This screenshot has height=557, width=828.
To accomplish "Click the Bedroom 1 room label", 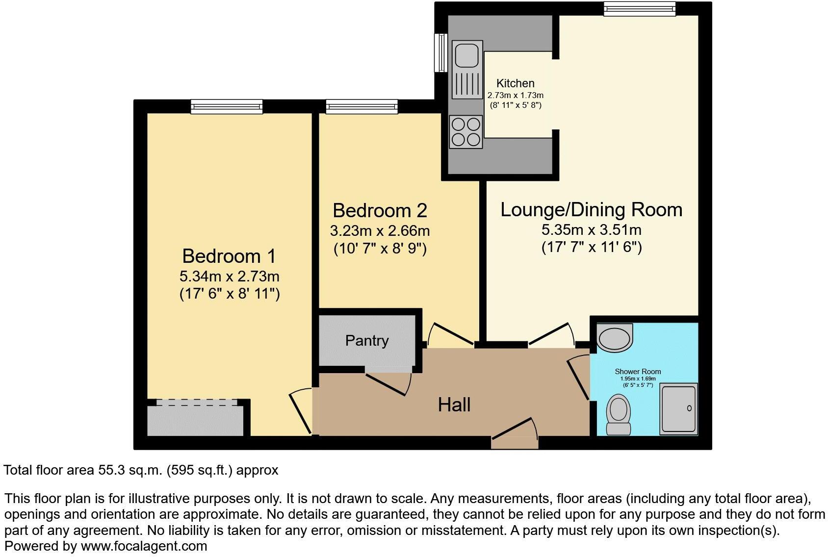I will [x=229, y=256].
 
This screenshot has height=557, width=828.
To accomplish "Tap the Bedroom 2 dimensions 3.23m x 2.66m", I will [x=380, y=230].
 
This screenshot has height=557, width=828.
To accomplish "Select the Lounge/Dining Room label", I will [x=591, y=210].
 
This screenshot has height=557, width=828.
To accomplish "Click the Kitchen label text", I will [x=515, y=83].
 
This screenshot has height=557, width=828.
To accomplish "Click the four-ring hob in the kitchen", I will [x=466, y=132].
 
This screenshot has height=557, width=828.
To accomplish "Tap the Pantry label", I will [x=367, y=341].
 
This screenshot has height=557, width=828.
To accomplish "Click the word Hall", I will [x=454, y=405].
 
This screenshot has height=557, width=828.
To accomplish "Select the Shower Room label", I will [x=638, y=372].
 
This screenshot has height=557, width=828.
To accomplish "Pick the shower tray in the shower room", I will [x=678, y=408].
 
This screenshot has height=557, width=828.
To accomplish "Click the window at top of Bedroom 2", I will [x=362, y=106].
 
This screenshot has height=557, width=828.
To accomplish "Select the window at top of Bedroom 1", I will [x=226, y=106].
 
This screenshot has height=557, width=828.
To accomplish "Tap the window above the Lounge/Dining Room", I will [x=639, y=8].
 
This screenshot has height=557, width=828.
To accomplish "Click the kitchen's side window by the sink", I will [x=441, y=53].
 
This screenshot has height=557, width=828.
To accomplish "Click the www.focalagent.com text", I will [x=144, y=546].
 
